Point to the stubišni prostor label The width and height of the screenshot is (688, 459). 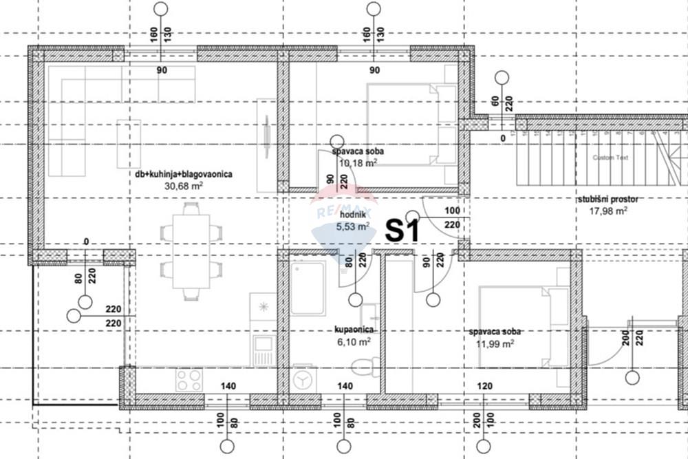(608, 200)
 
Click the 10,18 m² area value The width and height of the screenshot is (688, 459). (358, 163)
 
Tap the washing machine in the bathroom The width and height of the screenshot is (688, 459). (302, 380)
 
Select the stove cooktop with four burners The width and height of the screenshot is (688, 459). (189, 379)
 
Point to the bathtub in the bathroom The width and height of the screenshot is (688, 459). (308, 288)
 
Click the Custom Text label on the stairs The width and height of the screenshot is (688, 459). (610, 158)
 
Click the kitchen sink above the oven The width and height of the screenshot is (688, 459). (262, 306)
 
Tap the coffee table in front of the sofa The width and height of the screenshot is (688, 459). (128, 144)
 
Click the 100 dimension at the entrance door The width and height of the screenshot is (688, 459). (452, 211)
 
